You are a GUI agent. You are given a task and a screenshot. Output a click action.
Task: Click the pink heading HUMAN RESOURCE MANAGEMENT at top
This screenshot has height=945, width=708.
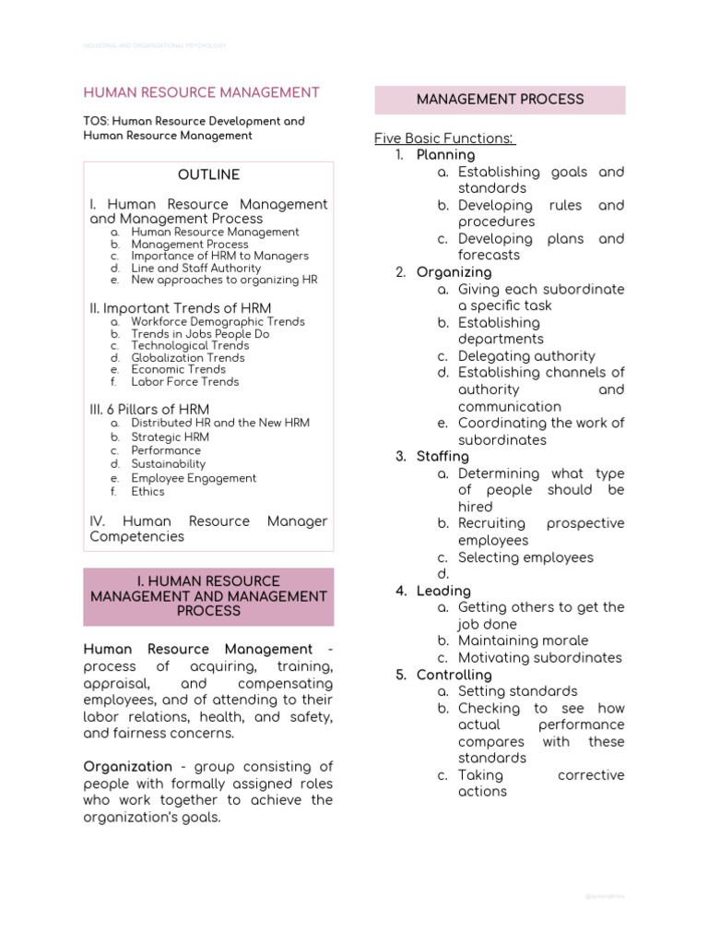coord(202,92)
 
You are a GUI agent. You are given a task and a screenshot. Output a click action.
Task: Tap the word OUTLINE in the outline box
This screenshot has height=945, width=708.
coord(208,174)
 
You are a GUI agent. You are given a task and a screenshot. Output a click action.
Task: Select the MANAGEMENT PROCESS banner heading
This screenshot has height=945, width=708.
coord(500,99)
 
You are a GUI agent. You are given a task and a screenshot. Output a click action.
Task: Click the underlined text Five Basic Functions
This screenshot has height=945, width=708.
coord(443,138)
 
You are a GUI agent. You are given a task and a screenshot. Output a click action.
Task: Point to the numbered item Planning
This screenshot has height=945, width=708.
coord(445,155)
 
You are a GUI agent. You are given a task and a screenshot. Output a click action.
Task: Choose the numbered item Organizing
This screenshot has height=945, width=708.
coord(454,272)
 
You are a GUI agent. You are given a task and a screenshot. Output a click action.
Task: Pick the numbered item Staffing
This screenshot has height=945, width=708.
coord(442,457)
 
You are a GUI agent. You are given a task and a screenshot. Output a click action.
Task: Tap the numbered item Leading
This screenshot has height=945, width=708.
coord(443,591)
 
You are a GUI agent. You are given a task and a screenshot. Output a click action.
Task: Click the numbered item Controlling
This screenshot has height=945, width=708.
coord(454,675)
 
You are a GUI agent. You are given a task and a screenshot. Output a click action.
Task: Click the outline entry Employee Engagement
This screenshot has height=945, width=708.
coord(194,478)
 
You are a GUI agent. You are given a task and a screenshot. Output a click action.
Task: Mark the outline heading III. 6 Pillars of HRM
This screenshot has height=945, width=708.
coord(149,409)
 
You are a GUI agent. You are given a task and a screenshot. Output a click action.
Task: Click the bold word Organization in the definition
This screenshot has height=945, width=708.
coord(128,766)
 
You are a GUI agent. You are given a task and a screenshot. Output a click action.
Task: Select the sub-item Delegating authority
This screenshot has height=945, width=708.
coord(526,356)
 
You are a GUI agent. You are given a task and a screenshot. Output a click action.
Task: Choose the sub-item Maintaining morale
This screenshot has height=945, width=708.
coord(523,640)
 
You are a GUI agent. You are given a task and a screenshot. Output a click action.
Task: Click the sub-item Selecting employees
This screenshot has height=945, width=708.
coord(525,557)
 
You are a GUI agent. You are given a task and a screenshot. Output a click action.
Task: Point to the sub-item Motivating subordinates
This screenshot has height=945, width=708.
coord(539,658)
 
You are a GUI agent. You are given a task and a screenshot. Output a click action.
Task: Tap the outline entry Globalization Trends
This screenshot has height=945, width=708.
coord(188,358)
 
